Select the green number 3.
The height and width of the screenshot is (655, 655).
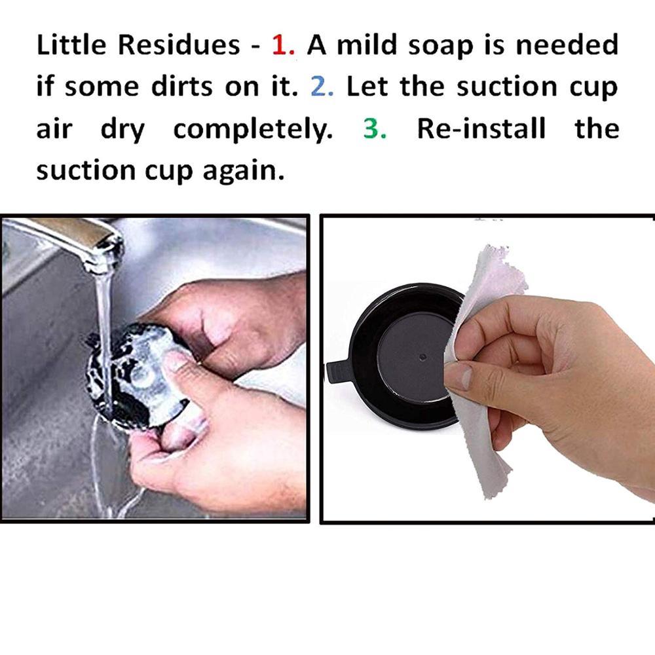click(x=374, y=129)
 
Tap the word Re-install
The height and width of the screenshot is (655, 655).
click(x=481, y=129)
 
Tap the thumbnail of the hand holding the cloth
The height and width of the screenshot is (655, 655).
click(x=460, y=377)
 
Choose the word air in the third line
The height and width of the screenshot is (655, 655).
click(x=54, y=129)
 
